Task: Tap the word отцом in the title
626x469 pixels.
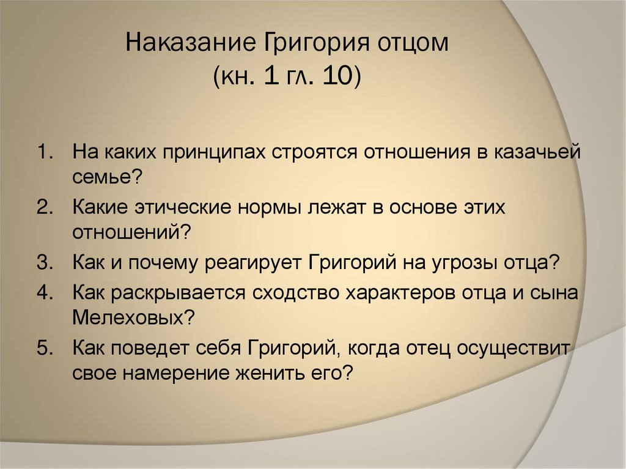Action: tap(418, 46)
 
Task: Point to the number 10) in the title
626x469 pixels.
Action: tap(344, 78)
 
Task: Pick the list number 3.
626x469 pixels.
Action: tap(45, 264)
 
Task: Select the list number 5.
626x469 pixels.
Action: tap(45, 349)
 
